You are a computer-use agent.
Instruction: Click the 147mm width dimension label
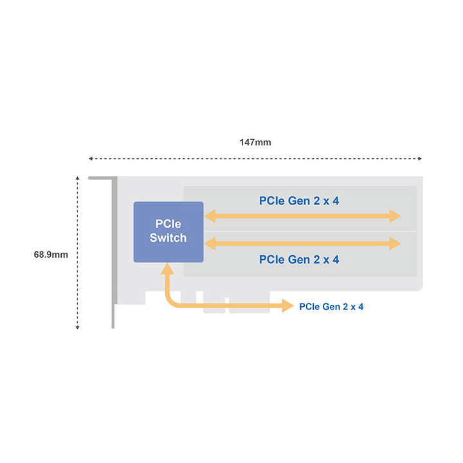[255, 142]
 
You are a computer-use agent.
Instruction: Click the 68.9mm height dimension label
[51, 255]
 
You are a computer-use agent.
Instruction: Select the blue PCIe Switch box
[168, 232]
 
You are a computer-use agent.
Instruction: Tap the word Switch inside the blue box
[168, 238]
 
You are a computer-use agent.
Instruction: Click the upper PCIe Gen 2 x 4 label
[299, 201]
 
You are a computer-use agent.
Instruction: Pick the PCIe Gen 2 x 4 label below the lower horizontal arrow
[299, 260]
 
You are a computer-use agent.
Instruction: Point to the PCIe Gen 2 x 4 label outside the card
[331, 307]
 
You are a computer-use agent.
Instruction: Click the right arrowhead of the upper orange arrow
[395, 216]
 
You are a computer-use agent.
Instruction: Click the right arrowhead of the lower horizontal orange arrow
[395, 244]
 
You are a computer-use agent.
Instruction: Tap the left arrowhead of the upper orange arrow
[210, 216]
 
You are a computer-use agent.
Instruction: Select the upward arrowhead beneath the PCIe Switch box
[167, 269]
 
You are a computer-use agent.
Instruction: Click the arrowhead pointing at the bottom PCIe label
[287, 305]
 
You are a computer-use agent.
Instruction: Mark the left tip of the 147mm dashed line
[89, 159]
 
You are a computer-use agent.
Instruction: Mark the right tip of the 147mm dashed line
[421, 159]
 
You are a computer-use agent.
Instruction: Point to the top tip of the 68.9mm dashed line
[77, 177]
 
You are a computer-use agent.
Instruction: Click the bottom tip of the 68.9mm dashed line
[77, 329]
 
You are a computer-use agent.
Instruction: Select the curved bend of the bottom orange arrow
[170, 301]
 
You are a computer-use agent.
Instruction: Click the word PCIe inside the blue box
[168, 224]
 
